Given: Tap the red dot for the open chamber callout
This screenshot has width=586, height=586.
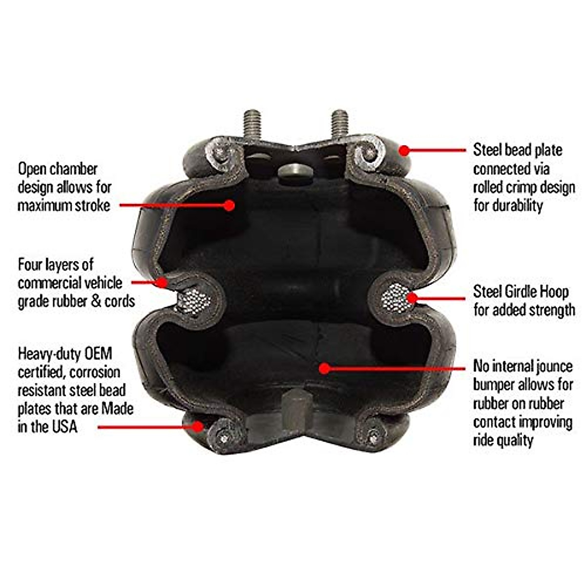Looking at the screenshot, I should [x=229, y=206].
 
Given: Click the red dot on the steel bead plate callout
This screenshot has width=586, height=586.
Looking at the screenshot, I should [x=404, y=150].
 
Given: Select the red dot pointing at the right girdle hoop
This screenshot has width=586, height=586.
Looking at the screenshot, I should [x=413, y=298].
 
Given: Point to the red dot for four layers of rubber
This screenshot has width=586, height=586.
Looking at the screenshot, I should [x=163, y=282].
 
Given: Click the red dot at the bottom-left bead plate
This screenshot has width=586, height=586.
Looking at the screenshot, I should [x=197, y=426].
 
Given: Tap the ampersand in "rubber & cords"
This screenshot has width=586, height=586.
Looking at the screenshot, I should [x=96, y=301].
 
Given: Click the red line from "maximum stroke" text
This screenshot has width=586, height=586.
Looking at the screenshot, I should [x=171, y=206].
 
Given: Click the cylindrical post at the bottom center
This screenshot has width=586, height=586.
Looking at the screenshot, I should [x=296, y=405].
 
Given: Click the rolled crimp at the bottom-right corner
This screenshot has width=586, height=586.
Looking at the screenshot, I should [x=373, y=434].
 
